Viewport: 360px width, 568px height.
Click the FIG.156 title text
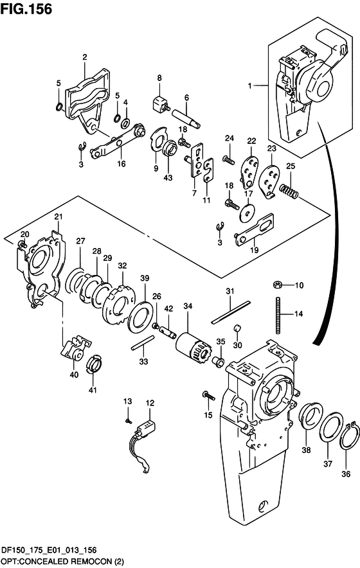(x=26, y=9)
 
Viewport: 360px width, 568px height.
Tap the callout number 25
(x=291, y=166)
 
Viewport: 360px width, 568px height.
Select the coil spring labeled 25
(x=289, y=191)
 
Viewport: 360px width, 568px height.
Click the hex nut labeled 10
(x=276, y=285)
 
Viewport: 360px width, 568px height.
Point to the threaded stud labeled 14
(x=278, y=315)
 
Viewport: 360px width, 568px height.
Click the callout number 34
(x=188, y=306)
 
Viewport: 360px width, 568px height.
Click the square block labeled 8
(x=158, y=104)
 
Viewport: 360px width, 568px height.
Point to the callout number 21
(x=59, y=217)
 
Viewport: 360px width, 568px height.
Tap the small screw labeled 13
(x=127, y=421)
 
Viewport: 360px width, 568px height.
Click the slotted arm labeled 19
(x=254, y=229)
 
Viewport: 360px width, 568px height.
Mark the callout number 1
(x=249, y=86)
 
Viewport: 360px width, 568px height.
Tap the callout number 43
(x=168, y=178)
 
